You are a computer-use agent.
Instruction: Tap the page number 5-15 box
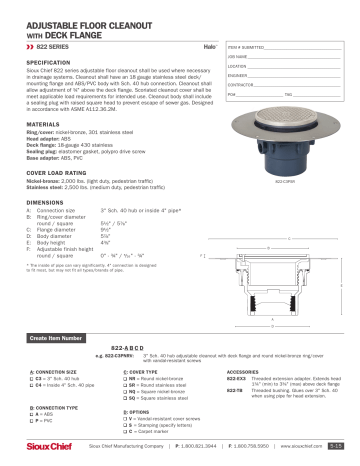(342, 448)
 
